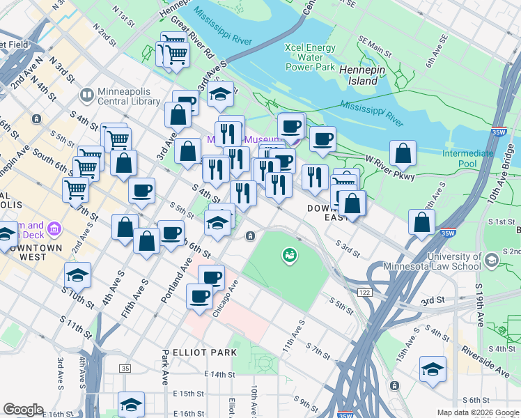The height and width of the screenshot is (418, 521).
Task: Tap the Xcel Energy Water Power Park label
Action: click(310, 57)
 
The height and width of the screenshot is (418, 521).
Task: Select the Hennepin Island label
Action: click(358, 75)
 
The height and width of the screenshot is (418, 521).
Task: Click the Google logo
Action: click(23, 409)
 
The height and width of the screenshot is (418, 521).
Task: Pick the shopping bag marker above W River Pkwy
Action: click(403, 153)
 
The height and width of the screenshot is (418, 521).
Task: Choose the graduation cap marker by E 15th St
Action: click(131, 403)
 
